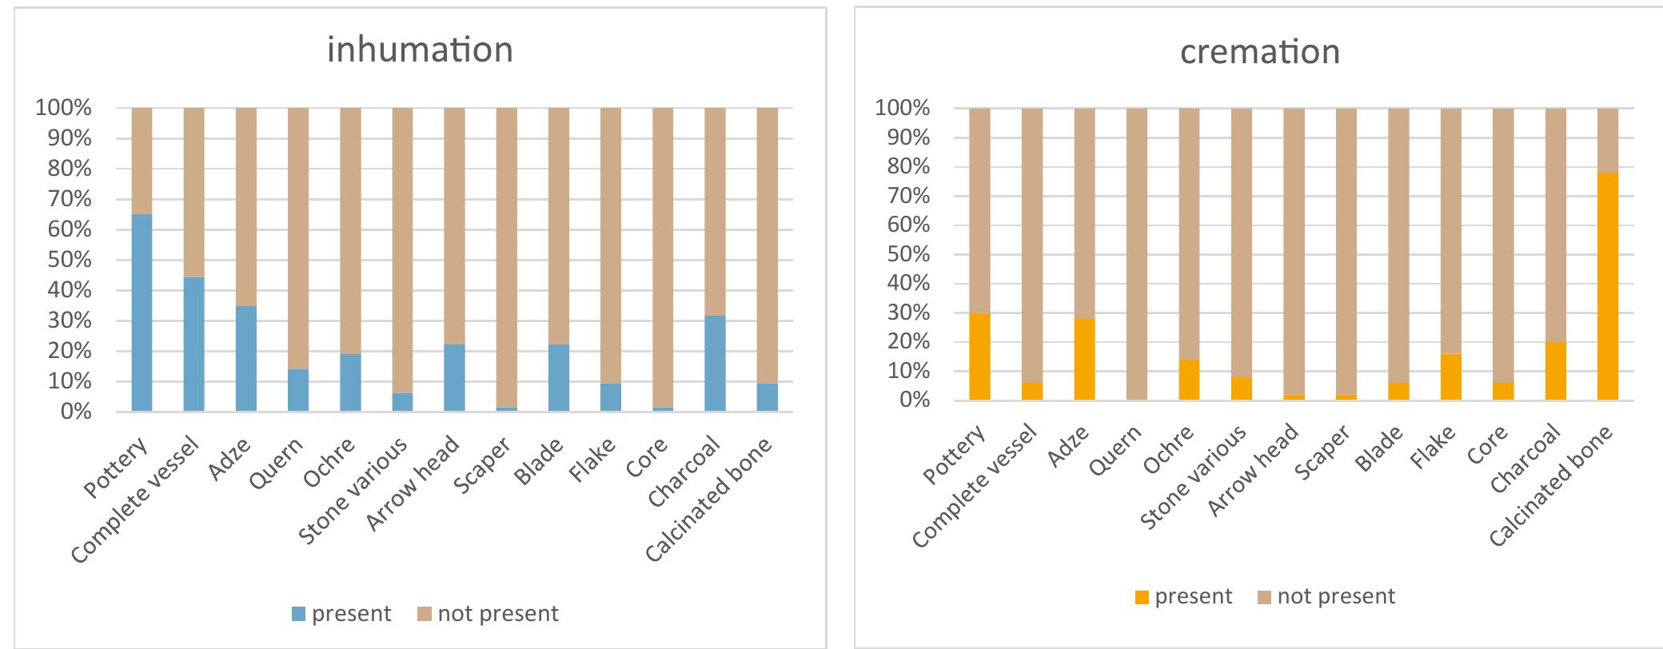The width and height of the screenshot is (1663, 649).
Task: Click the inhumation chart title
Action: (x=420, y=50)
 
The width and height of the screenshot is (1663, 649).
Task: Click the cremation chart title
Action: (x=1260, y=52)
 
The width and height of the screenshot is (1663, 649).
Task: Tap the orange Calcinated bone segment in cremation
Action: (x=1608, y=286)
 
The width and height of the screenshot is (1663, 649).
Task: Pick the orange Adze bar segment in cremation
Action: (x=1085, y=359)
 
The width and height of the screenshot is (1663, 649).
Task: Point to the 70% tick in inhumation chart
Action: (x=63, y=199)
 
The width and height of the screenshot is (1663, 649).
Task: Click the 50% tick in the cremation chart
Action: (x=903, y=254)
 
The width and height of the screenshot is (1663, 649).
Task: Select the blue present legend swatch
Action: (x=298, y=614)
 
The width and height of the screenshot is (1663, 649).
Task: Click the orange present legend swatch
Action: (x=1142, y=597)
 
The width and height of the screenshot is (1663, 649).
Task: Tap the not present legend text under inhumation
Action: (x=497, y=614)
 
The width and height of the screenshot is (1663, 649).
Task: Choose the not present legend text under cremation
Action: (x=1336, y=597)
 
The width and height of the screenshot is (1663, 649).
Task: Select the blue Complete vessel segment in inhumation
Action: (x=194, y=344)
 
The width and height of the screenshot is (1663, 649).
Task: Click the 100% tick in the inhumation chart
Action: (x=63, y=108)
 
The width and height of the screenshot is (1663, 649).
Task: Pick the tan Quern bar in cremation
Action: (x=1137, y=254)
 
